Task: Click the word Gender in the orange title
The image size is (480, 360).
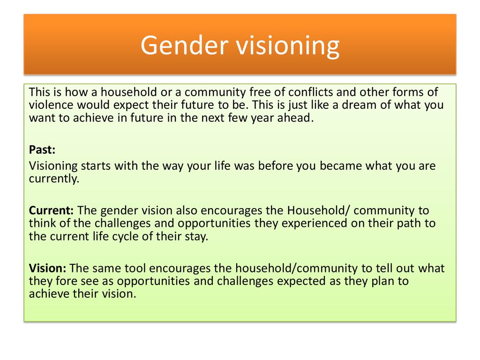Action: click(x=185, y=45)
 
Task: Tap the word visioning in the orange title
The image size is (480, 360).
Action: click(x=287, y=46)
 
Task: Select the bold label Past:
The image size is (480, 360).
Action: click(x=42, y=150)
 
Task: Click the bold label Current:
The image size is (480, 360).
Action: click(x=51, y=210)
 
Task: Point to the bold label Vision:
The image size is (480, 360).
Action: click(x=47, y=268)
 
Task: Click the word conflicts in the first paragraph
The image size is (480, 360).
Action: click(x=310, y=92)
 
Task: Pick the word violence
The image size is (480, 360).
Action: click(x=51, y=105)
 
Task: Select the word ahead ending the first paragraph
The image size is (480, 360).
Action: click(x=295, y=118)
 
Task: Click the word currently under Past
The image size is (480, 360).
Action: click(x=54, y=179)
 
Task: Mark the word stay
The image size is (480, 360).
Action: click(x=197, y=236)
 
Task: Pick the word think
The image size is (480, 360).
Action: click(x=42, y=223)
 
